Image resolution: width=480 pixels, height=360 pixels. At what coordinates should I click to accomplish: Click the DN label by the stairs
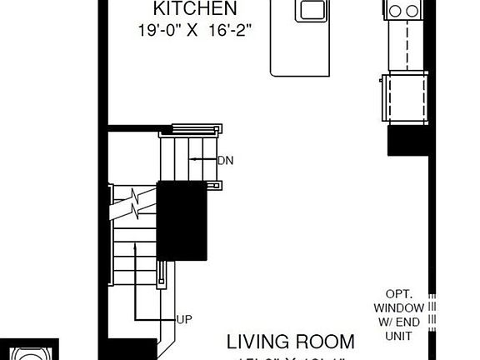tap(225, 159)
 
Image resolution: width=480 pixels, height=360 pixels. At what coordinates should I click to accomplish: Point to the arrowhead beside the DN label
tap(192, 158)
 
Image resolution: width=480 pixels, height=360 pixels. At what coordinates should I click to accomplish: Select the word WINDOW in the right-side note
tap(406, 307)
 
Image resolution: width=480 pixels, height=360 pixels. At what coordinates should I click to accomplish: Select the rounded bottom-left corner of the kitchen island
tap(275, 72)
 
